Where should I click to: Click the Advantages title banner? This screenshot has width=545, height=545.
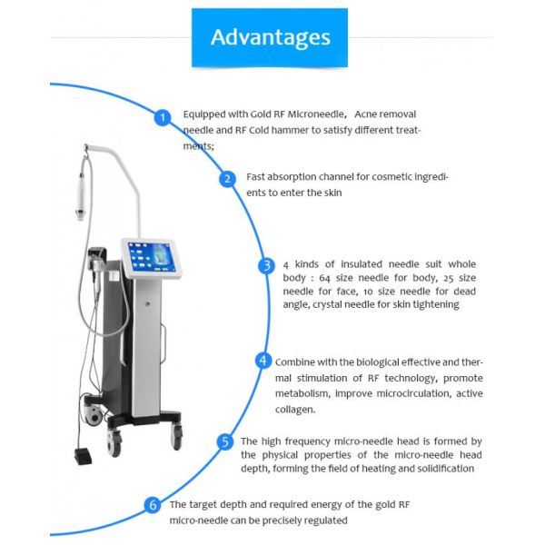click(x=270, y=37)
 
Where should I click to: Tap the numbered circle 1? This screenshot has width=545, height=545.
click(x=163, y=117)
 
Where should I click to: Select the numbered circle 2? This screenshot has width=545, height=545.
click(x=228, y=178)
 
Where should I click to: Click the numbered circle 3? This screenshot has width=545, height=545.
click(x=265, y=265)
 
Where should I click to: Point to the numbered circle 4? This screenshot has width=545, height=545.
click(x=263, y=361)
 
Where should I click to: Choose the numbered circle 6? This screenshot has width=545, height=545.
click(x=153, y=504)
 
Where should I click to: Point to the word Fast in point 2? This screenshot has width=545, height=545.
click(x=257, y=177)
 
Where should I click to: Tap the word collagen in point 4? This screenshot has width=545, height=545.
click(x=294, y=409)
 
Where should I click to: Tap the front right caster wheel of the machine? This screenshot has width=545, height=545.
click(x=173, y=434)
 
